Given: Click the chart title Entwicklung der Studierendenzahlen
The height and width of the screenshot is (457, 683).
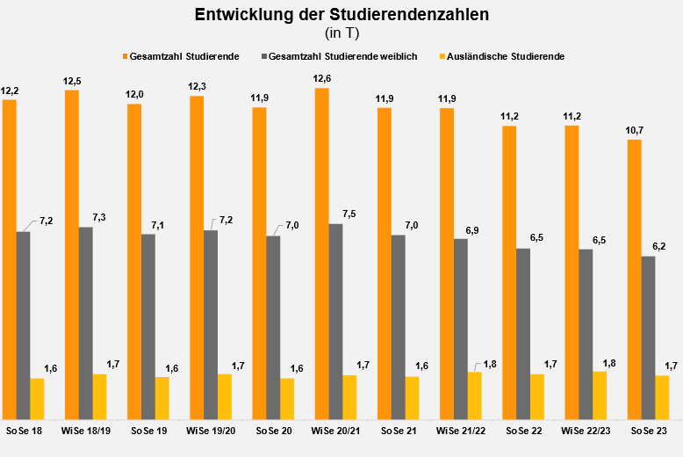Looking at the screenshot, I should [341, 15].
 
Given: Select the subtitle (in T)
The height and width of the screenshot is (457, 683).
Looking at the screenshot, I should [341, 33].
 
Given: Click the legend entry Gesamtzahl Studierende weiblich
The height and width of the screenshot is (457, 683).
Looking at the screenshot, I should [348, 56].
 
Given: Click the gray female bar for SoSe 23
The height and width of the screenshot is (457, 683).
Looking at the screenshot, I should [648, 337].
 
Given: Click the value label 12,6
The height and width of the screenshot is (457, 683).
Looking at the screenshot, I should [322, 79].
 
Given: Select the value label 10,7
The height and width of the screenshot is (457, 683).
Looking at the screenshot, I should [634, 130].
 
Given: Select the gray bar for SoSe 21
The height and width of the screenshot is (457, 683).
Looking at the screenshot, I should [399, 327].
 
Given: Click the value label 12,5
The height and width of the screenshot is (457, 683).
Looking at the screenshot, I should [72, 81].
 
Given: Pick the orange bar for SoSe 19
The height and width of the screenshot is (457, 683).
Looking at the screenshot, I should [134, 261].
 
